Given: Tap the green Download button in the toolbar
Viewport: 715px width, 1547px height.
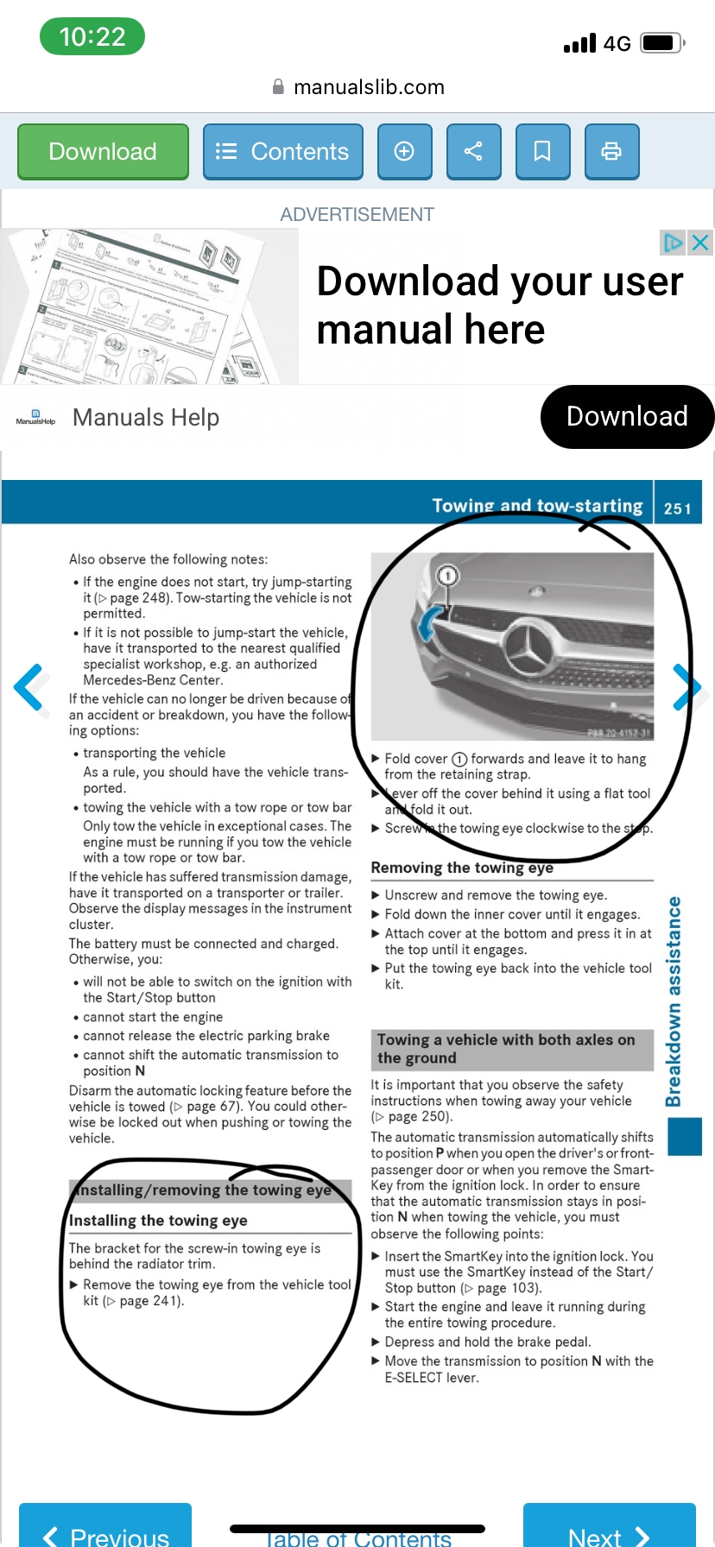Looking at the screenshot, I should point(103,152).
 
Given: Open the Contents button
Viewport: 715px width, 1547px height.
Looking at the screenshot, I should point(282,152).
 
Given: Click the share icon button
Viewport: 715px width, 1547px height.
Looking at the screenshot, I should point(473,152).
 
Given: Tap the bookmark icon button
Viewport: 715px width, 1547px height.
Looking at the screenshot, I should point(542,152).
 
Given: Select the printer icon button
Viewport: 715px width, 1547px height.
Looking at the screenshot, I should point(611,152).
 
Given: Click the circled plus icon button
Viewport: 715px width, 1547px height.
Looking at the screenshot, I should point(404,152).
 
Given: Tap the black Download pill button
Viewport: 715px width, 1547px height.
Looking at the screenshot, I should point(627,417).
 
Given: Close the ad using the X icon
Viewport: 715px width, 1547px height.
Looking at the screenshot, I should point(700,243).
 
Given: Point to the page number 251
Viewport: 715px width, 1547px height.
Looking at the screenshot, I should point(677,508).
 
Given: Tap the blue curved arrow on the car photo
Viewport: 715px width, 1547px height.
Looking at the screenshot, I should point(428,623).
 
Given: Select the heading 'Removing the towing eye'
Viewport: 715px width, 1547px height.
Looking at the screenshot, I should point(462,868).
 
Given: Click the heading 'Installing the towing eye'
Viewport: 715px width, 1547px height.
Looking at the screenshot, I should point(158,1221).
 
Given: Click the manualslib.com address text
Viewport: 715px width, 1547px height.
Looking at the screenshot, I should point(369,87).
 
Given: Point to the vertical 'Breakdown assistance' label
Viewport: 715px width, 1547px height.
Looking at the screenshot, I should point(674,1001).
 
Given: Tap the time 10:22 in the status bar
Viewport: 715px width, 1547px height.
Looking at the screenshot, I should point(92,37).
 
